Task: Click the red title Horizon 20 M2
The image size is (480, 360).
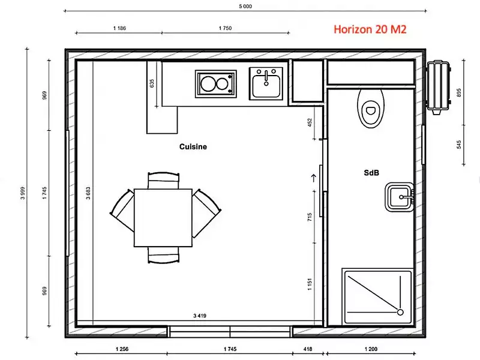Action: point(370,29)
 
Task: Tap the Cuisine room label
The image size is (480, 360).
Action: point(193,146)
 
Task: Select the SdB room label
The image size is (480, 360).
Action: point(371,173)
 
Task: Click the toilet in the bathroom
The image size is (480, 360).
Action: point(371,109)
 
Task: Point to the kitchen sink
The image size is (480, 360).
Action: point(266,83)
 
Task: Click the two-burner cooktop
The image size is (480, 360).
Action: point(216,84)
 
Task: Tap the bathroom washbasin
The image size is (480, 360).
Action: point(400,197)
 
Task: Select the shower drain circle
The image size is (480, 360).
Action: point(400,312)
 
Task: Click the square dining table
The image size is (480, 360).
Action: point(163,218)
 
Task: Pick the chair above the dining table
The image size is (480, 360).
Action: point(163,180)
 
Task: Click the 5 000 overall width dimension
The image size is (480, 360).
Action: point(245,6)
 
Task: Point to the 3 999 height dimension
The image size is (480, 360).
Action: point(23,193)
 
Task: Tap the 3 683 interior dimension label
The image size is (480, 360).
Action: point(88,193)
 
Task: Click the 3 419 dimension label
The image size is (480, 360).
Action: point(200,316)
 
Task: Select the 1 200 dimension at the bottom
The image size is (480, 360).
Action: point(371,349)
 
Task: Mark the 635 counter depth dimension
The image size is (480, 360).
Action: point(152,83)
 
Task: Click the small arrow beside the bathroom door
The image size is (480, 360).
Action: point(313,178)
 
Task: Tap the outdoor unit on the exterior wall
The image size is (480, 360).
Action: point(439,87)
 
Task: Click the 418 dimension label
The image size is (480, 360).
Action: point(308,349)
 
